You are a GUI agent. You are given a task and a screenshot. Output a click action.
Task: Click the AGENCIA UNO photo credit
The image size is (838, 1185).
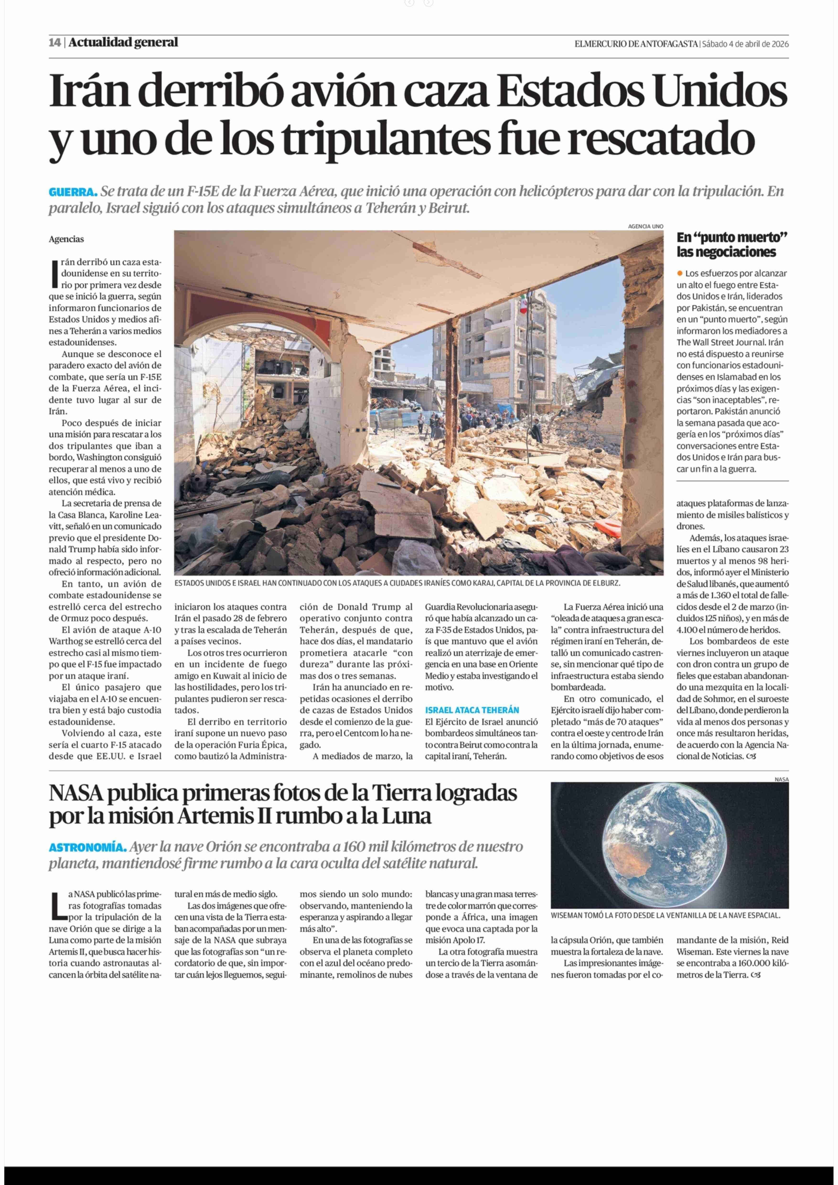(x=645, y=226)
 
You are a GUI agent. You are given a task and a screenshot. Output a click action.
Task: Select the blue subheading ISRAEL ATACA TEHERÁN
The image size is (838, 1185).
(x=472, y=710)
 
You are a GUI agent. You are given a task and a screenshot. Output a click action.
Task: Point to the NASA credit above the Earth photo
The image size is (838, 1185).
(x=781, y=779)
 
